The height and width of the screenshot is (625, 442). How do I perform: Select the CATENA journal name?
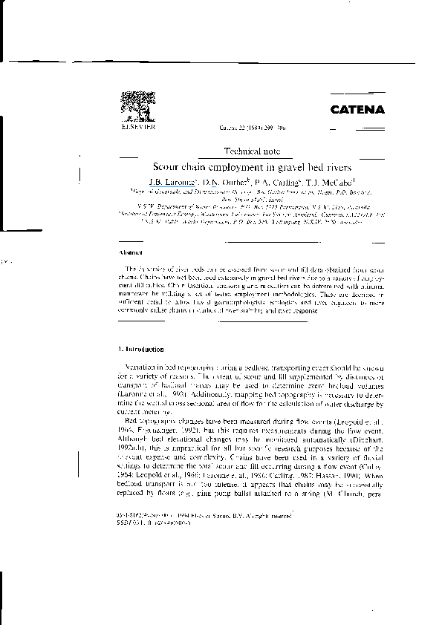[357, 110]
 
